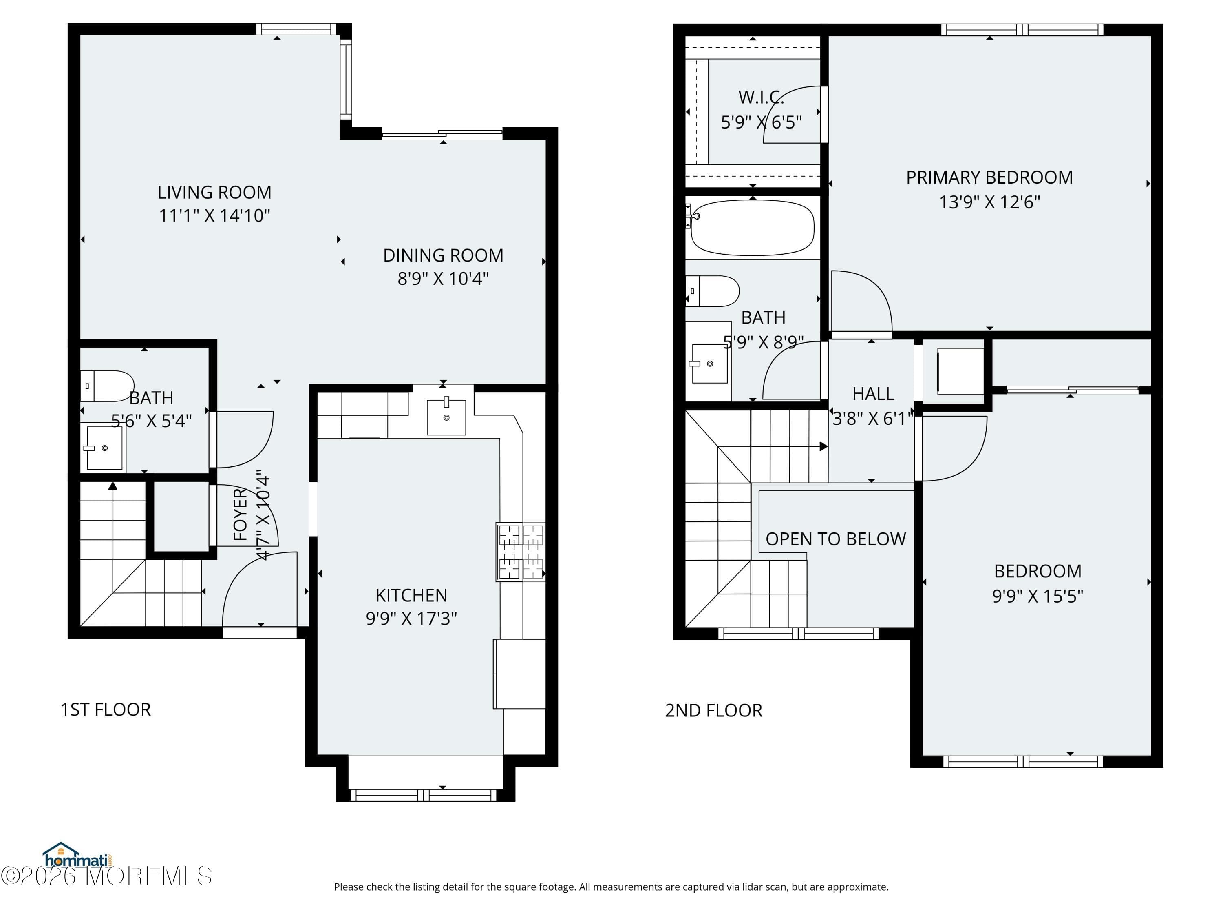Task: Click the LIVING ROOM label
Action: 214,192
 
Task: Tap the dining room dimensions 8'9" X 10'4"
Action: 443,278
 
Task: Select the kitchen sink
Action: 446,417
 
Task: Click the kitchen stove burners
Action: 520,552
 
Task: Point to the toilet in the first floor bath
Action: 107,386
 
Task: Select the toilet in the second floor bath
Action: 713,291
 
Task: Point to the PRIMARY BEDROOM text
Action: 989,177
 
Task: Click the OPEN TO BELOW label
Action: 835,539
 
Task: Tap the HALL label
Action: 872,393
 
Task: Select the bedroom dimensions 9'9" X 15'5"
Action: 1037,596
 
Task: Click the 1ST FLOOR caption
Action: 106,710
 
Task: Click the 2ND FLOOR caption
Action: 713,710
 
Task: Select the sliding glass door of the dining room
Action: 442,133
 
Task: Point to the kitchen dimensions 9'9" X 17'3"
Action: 411,618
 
